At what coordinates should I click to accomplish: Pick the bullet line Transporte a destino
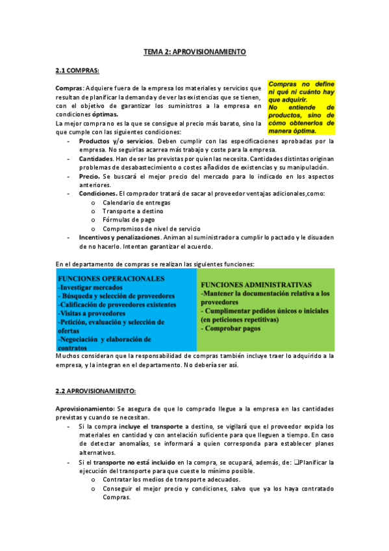(x=129, y=211)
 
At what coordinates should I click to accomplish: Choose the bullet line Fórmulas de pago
(x=125, y=220)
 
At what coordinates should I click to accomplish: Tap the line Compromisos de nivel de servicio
(x=151, y=229)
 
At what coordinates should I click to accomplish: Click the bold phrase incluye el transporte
(x=155, y=426)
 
